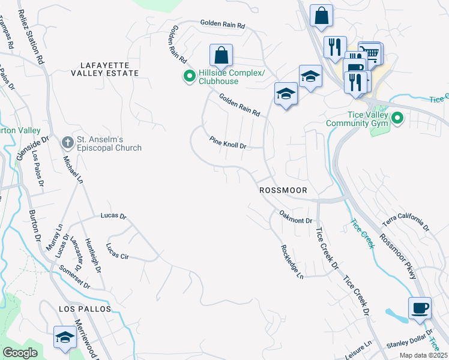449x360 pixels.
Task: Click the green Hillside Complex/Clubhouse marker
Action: click(x=188, y=76)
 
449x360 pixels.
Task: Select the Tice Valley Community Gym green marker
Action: click(x=397, y=119)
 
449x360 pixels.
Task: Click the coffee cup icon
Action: click(x=420, y=308)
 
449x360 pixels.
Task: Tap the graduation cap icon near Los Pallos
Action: click(x=65, y=337)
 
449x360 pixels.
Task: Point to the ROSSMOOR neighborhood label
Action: click(x=283, y=190)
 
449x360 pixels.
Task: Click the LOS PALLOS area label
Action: click(x=85, y=308)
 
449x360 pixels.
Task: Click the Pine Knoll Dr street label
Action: click(x=228, y=143)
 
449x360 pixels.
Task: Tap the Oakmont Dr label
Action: click(x=296, y=217)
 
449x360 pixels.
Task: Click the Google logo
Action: click(x=20, y=353)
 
